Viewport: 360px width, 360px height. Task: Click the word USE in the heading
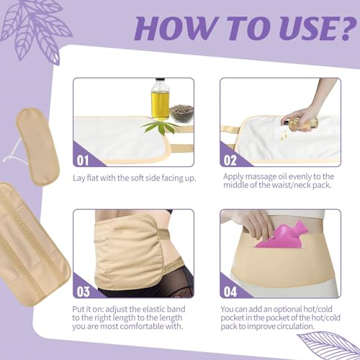coord(294,28)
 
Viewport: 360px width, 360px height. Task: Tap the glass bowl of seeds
coord(181,114)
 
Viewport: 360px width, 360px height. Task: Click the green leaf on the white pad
coord(159,127)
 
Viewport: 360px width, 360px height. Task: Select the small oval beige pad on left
coord(37,146)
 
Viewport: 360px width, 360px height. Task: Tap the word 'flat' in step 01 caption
coord(92,178)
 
